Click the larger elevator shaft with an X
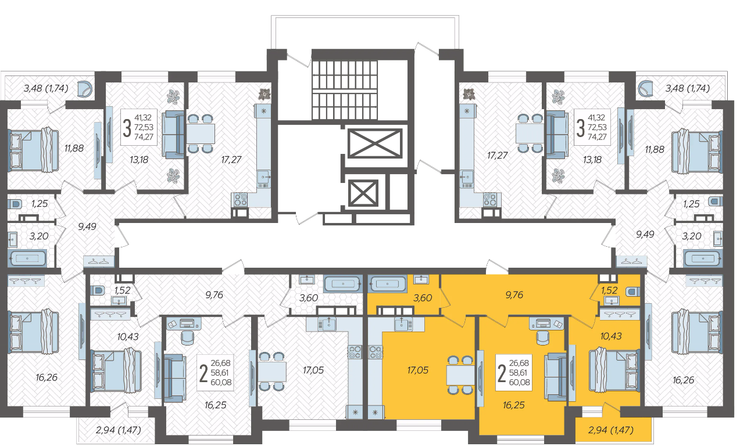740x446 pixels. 375,143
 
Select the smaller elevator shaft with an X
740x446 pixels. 363,193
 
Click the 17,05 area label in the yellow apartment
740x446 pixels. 417,370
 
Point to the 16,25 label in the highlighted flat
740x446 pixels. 514,405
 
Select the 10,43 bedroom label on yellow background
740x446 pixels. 611,336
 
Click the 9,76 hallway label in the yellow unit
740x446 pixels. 514,294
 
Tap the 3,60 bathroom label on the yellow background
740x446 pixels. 423,298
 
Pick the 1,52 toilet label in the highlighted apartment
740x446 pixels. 609,290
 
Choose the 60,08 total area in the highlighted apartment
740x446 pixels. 519,383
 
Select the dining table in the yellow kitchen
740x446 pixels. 460,375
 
